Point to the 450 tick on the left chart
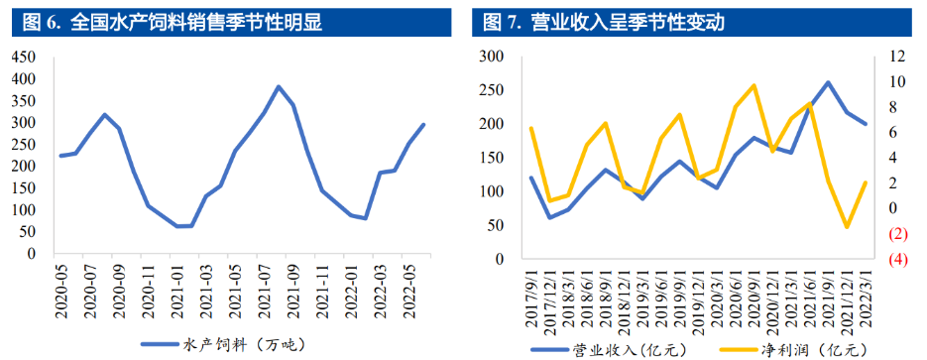[21, 57]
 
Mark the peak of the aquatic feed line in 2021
[279, 87]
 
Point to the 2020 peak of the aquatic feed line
[105, 115]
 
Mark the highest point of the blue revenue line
[828, 82]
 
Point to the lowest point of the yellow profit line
[847, 227]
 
